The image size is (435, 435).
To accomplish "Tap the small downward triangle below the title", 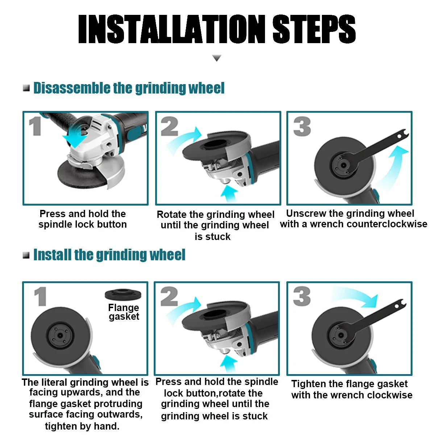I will pos(216,58).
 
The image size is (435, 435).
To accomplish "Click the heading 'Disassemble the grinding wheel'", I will pos(129,88).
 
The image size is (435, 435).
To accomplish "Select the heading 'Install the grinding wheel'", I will pos(109,255).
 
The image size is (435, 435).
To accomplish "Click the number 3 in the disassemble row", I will pos(302,127).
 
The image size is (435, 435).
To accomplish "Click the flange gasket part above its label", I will pos(123,295).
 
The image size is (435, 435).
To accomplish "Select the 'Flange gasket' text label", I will pos(124,312).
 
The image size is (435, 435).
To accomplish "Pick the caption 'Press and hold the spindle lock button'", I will pos(83,219).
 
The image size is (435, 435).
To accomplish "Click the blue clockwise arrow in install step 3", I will pos(357,297).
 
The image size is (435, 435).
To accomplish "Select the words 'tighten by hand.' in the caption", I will pos(82,426).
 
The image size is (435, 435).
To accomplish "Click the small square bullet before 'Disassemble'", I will pos(26,88).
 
